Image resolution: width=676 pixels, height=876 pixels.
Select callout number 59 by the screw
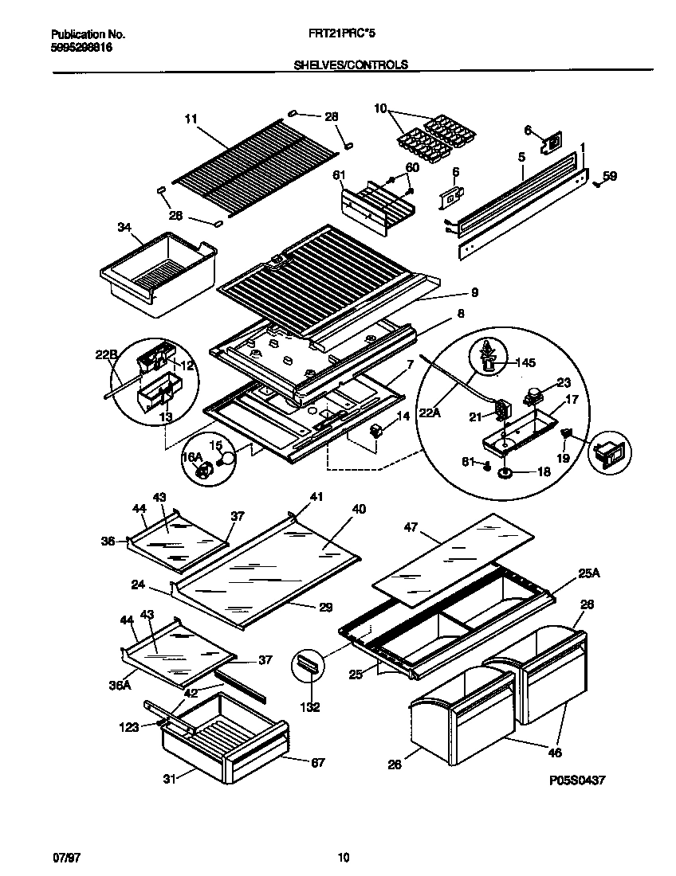coord(610,176)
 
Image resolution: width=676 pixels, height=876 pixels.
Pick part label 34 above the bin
coord(124,229)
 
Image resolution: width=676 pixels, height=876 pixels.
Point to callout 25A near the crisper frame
coord(587,574)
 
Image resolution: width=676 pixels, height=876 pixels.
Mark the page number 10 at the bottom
coord(343,858)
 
